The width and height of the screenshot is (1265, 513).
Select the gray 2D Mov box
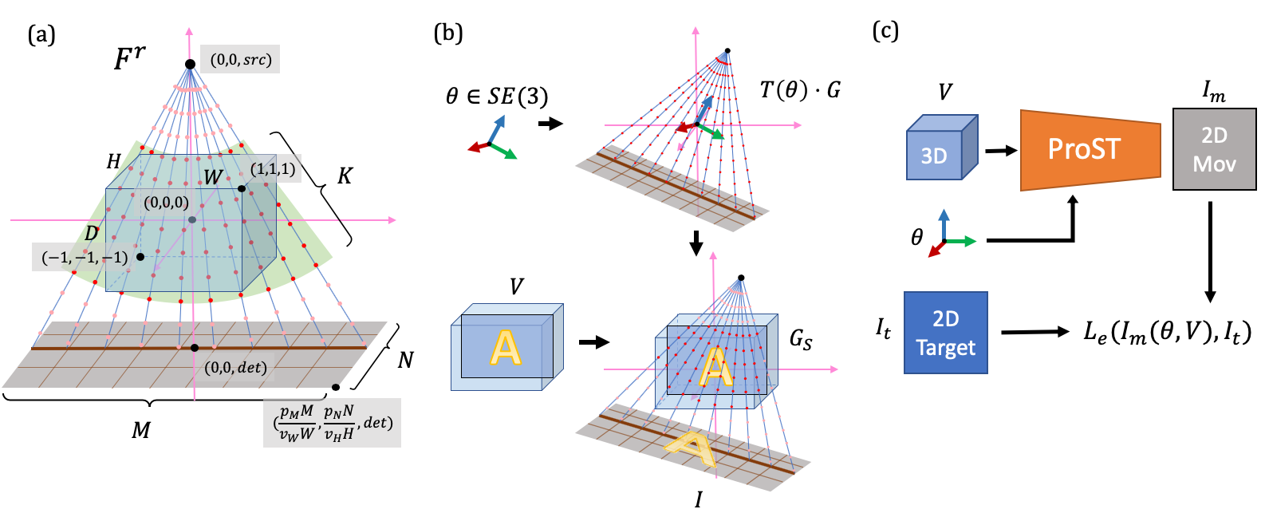coord(1214,150)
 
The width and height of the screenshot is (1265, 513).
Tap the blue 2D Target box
coord(945,333)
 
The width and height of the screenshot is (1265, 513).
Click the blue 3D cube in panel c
coord(941,149)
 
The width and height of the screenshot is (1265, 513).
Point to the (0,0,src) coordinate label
coord(240,60)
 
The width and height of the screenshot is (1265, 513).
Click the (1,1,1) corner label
coord(273,169)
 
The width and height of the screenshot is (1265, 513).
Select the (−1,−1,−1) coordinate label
coord(84,257)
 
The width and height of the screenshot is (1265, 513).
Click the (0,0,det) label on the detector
coord(235,368)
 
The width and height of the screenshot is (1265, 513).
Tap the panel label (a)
coord(41,34)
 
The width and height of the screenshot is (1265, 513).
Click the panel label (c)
coord(885,30)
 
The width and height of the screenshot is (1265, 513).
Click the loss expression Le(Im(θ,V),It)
coord(1166,332)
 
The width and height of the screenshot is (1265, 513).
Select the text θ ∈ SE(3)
coord(497,97)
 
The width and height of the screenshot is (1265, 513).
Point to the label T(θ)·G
coord(799,89)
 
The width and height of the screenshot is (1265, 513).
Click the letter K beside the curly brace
coord(345,176)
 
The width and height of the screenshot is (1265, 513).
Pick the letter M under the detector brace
coord(140,431)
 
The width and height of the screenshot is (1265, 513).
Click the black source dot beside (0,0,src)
coord(190,65)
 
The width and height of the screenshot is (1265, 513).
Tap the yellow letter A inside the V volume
coord(505,348)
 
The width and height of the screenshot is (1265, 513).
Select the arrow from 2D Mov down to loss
coord(1210,251)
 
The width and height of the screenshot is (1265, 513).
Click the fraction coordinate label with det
coord(332,423)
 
